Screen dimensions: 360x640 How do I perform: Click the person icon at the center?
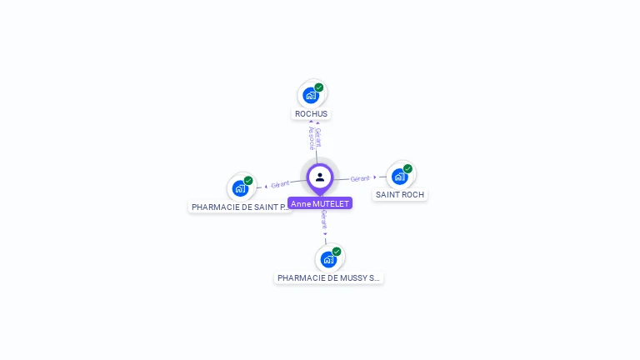point(320,177)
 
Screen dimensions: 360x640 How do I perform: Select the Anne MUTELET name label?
point(320,203)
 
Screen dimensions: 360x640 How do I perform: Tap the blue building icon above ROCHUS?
point(311,95)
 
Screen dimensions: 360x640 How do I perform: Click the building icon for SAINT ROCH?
point(400,177)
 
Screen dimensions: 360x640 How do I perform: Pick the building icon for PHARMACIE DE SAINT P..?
point(240,188)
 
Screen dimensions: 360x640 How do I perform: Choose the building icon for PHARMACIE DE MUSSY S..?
point(328,259)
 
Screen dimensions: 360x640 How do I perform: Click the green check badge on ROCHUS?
point(319,87)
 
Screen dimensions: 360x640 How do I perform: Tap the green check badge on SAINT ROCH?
point(408,168)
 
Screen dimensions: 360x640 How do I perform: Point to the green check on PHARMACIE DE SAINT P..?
point(248,181)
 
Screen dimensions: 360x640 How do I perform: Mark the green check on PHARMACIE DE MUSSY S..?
point(337,251)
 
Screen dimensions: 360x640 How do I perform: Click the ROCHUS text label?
point(312,113)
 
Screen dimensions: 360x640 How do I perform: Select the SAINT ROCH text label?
point(400,195)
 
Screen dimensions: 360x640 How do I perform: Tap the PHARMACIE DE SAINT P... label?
point(241,207)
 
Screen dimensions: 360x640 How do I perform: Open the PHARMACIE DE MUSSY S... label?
point(328,277)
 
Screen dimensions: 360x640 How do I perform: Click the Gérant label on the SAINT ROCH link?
point(360,178)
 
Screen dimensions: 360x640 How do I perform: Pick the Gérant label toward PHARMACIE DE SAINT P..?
point(280,184)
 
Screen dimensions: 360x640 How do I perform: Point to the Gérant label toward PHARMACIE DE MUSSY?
point(324,220)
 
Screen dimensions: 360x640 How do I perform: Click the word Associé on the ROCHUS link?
point(311,139)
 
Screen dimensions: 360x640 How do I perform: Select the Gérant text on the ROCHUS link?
point(318,137)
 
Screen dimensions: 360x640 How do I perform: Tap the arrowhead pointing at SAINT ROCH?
point(376,177)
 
